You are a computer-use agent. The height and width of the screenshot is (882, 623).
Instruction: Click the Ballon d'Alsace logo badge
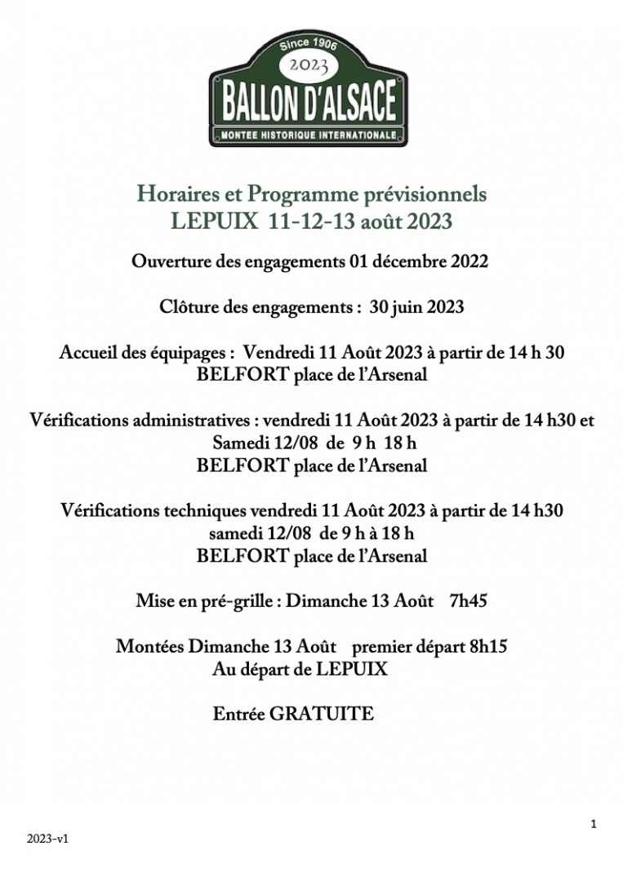(x=308, y=89)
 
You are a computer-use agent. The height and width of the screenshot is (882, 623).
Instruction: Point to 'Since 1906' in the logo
(x=308, y=45)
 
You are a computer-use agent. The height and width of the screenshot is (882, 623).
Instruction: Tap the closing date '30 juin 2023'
(x=416, y=307)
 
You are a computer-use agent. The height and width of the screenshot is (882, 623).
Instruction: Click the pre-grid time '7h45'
(x=469, y=602)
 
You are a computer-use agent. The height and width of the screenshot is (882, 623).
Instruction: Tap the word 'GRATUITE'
(x=322, y=714)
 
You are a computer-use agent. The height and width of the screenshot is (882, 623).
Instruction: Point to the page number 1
(x=594, y=824)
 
